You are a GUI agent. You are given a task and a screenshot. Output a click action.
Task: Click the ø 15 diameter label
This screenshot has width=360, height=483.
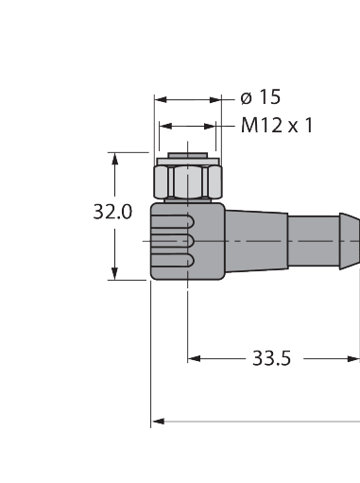tap(260, 96)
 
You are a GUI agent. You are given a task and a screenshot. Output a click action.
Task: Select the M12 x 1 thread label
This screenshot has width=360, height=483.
tap(277, 125)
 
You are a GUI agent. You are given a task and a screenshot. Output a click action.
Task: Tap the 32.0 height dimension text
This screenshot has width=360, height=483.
tap(112, 212)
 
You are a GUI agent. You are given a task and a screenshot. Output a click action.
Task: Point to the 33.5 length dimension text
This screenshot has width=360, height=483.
tap(272, 358)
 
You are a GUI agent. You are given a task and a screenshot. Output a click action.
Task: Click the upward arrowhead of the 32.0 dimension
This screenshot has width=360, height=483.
tap(114, 159)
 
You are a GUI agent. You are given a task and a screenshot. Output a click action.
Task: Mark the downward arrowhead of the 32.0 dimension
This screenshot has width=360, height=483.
tap(114, 273)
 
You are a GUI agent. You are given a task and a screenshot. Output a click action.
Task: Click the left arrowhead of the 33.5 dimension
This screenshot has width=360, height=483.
tap(194, 358)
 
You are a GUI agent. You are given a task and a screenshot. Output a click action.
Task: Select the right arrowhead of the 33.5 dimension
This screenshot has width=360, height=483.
tap(353, 358)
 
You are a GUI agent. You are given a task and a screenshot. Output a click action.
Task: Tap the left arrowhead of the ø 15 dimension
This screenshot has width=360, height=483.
tap(161, 100)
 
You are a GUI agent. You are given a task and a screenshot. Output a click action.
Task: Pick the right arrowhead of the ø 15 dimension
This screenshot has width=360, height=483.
tap(215, 100)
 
